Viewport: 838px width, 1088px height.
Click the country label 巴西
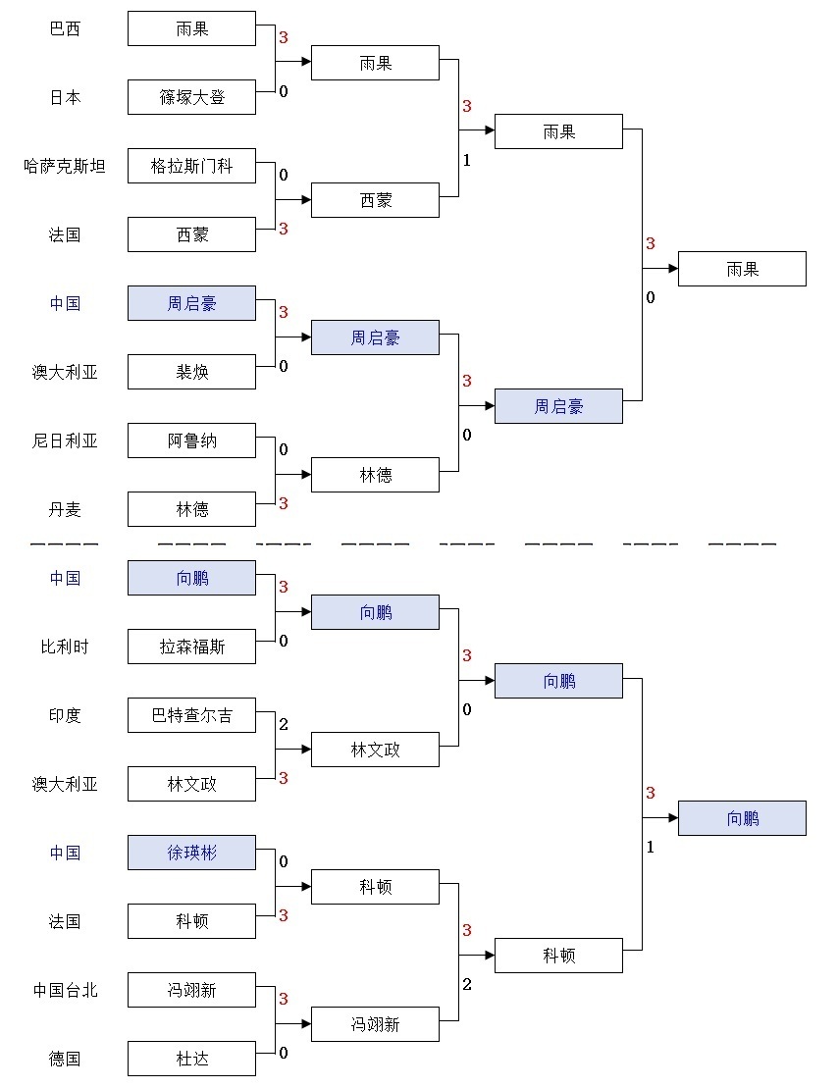[65, 29]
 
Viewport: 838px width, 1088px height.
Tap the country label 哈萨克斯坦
[65, 167]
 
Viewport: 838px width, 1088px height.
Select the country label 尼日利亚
[65, 441]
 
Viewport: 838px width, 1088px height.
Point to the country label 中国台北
[65, 991]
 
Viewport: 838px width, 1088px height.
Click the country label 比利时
[65, 648]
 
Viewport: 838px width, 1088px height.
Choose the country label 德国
[65, 1060]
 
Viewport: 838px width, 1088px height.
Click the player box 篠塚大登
[191, 98]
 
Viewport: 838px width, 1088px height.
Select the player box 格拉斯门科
[191, 167]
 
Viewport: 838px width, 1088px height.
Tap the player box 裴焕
[191, 373]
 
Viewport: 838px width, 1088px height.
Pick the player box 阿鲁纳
[191, 441]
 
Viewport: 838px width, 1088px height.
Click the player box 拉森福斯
[191, 648]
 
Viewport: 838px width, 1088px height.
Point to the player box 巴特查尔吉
[191, 716]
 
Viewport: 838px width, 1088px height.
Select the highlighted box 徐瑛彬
[191, 854]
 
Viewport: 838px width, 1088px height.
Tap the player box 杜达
[191, 1060]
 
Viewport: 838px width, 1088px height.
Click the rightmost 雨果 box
[742, 269]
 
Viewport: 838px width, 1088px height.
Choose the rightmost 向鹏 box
[742, 818]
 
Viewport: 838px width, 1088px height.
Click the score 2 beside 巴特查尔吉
[284, 725]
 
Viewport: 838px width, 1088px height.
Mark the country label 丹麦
[65, 510]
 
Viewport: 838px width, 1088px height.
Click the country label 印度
[65, 716]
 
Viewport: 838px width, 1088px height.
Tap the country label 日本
[65, 98]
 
